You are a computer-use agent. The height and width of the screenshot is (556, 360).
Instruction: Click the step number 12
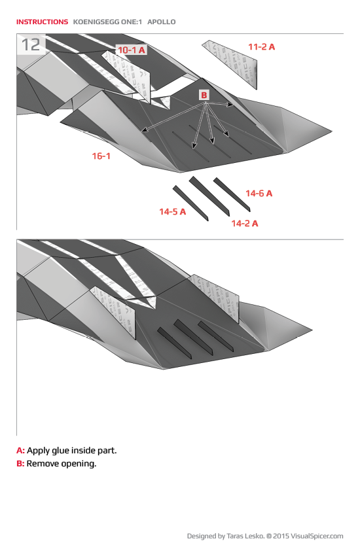[31, 44]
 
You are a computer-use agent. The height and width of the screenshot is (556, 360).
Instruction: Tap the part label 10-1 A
[131, 50]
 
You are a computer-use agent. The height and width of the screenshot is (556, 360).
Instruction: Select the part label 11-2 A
[261, 46]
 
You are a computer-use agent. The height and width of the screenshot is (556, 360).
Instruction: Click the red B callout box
[204, 96]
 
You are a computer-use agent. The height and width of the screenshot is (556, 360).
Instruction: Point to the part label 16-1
[101, 156]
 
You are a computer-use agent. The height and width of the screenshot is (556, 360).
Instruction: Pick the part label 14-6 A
[259, 193]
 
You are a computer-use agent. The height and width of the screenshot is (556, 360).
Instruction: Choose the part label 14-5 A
[172, 211]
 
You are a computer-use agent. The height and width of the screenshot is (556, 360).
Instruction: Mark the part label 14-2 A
[244, 223]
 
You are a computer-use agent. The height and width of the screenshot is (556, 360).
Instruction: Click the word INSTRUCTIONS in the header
[42, 22]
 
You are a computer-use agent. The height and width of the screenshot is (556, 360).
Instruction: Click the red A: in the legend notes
[20, 451]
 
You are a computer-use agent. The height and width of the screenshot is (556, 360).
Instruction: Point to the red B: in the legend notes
[20, 464]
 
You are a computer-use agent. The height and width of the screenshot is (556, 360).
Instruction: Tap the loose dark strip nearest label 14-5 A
[190, 203]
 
